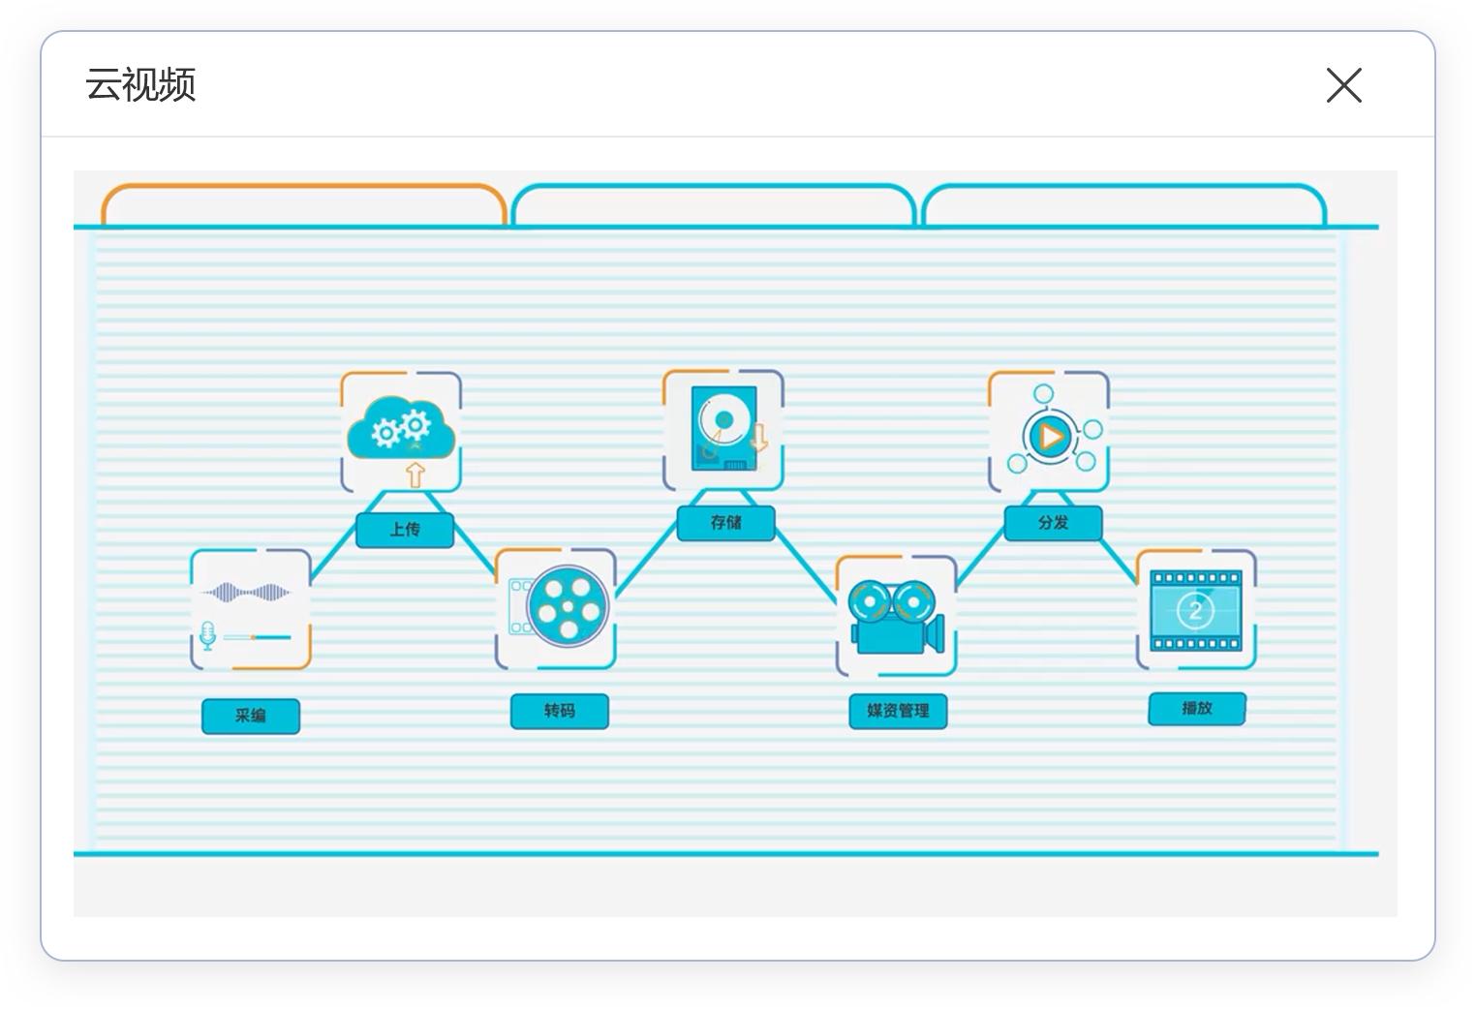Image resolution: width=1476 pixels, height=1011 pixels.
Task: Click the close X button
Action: [x=1343, y=85]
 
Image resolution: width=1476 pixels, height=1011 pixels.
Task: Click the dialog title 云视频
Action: [x=140, y=85]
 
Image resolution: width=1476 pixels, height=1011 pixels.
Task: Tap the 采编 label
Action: [x=250, y=716]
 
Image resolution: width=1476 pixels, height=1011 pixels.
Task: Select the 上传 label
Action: [x=405, y=530]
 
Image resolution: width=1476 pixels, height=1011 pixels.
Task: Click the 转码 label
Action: [x=559, y=711]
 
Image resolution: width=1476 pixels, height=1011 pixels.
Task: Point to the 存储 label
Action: [x=725, y=523]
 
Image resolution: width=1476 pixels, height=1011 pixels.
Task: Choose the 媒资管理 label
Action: [x=898, y=711]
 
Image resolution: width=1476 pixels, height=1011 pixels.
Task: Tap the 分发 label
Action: [x=1053, y=523]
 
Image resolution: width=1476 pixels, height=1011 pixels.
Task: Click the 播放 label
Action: [x=1196, y=708]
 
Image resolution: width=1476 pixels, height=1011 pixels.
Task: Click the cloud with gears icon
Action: [x=401, y=427]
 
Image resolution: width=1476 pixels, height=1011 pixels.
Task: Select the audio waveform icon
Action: [x=246, y=592]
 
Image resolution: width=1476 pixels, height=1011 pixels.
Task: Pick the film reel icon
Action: [x=569, y=605]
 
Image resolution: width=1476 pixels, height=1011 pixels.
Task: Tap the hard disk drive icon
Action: [x=723, y=427]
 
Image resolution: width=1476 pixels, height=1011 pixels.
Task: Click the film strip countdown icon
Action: [x=1195, y=610]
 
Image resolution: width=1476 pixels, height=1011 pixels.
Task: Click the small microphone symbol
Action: [x=207, y=636]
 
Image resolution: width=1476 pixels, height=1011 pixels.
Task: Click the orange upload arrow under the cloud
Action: [x=415, y=475]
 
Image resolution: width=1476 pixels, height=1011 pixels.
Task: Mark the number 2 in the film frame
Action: [x=1195, y=610]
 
